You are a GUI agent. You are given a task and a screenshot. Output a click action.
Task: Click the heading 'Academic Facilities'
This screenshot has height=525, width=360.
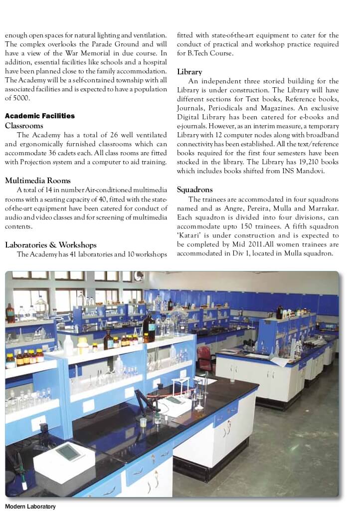click(x=40, y=116)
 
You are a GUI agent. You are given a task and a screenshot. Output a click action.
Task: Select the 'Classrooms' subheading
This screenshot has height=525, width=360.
click(x=24, y=126)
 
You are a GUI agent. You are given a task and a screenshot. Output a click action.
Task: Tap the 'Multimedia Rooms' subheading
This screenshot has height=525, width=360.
click(x=38, y=181)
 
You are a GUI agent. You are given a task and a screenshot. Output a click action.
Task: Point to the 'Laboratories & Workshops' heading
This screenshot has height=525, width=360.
click(x=51, y=245)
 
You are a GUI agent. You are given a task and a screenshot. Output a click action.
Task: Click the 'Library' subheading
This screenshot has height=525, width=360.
click(x=189, y=72)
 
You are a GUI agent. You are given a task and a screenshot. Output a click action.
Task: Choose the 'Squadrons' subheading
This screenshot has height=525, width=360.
click(x=195, y=190)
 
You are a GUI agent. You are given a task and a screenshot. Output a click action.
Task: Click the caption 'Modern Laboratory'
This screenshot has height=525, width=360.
click(x=30, y=507)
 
